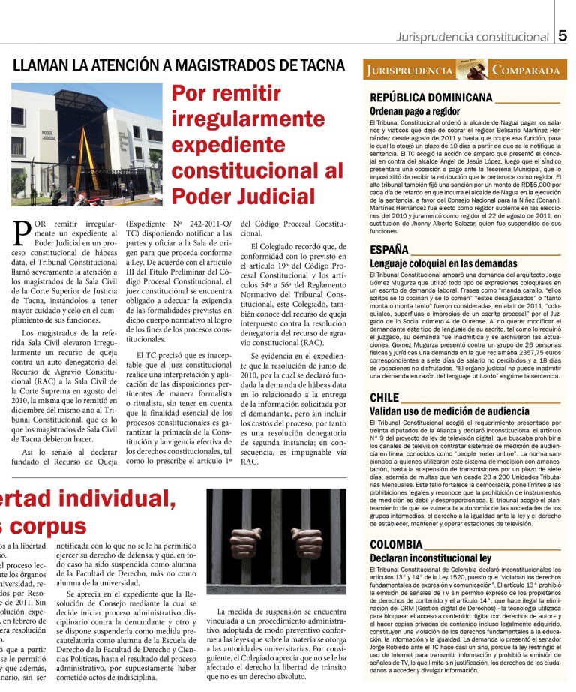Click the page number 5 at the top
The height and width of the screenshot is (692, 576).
(x=562, y=35)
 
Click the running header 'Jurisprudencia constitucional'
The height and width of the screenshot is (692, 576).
(x=473, y=37)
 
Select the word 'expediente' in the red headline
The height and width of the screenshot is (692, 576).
(x=235, y=145)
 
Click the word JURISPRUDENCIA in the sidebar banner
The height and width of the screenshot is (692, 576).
(x=409, y=71)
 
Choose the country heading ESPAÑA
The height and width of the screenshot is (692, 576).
(x=389, y=250)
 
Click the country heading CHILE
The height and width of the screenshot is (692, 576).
(x=385, y=397)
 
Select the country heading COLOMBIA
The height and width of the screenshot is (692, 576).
(x=397, y=544)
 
